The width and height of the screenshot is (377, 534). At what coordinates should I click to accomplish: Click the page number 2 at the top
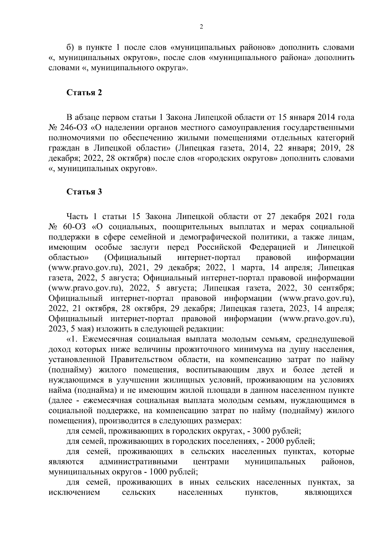(x=201, y=27)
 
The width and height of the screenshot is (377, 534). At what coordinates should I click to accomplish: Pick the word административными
(x=138, y=462)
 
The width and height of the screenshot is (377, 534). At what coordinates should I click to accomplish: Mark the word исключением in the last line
(x=74, y=492)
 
